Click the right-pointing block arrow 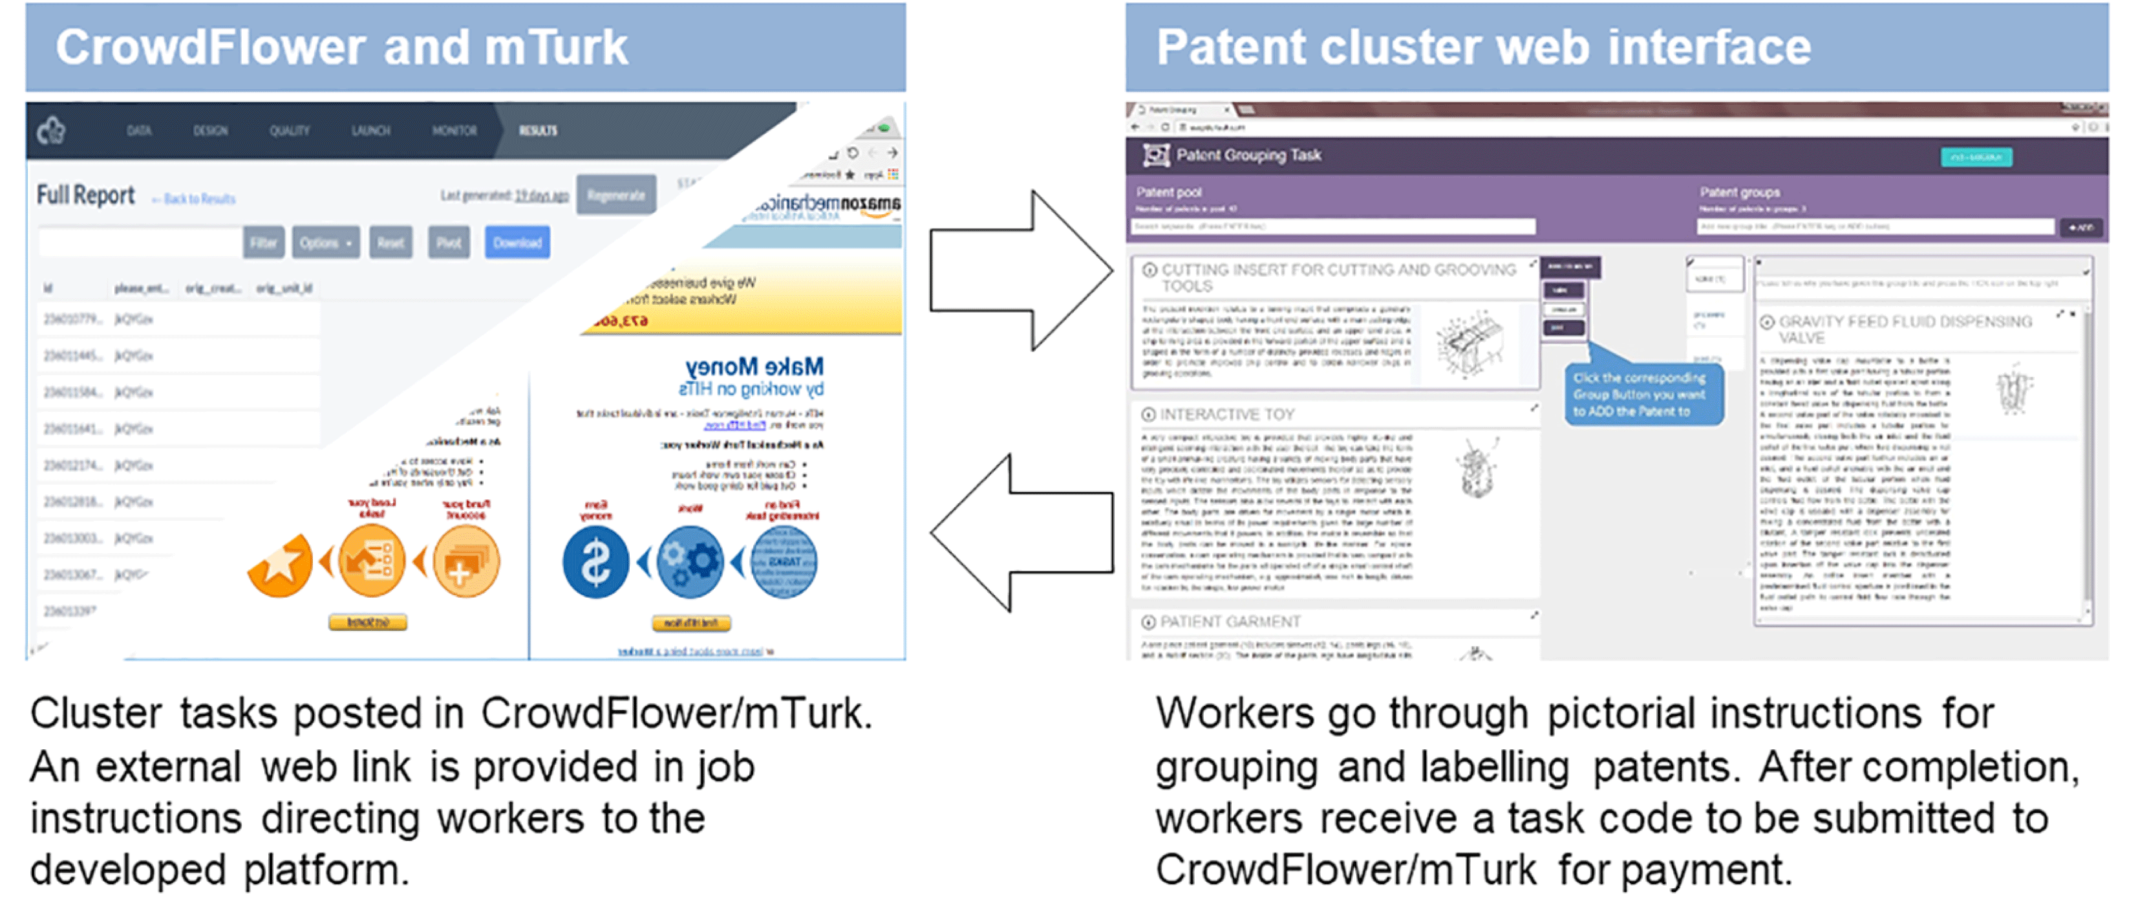(1020, 270)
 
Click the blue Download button (517, 243)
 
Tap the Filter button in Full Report (263, 243)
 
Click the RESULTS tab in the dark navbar (538, 130)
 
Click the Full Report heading (85, 195)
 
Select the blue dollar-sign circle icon (595, 562)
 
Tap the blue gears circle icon (689, 562)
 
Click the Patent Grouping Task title (1248, 155)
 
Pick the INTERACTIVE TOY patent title (1226, 414)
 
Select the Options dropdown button (325, 243)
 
